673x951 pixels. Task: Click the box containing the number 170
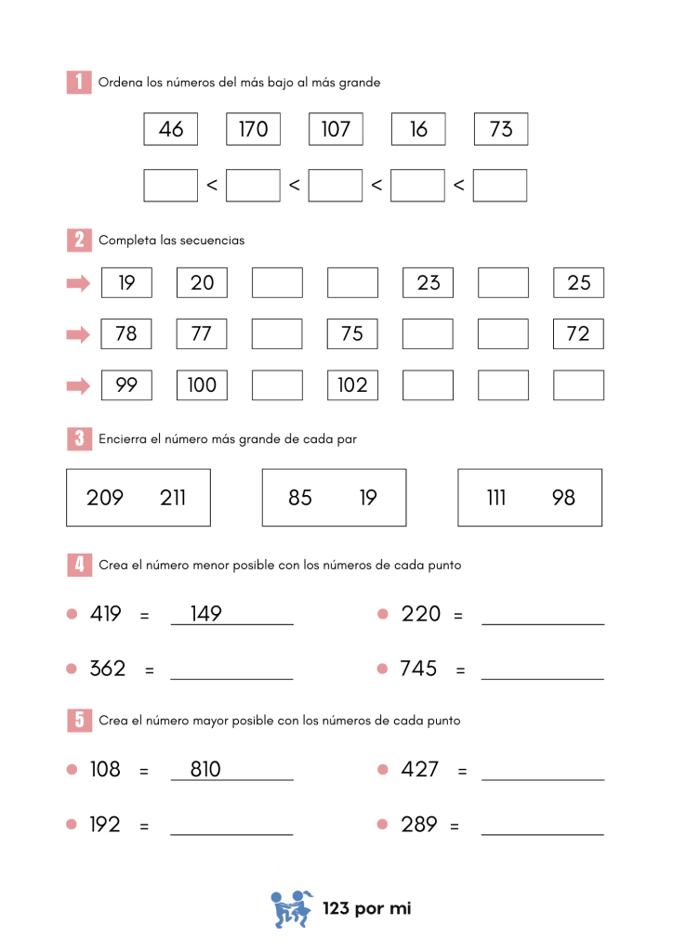253,129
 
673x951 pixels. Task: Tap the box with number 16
418,129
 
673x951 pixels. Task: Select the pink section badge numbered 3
79,438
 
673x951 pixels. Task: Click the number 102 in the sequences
352,385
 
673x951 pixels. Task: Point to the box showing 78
126,333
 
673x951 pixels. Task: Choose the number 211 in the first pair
173,498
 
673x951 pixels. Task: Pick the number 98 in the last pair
563,498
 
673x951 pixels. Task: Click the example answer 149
205,614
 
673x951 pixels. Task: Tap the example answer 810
205,769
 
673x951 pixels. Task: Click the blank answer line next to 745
543,678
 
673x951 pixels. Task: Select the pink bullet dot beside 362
73,669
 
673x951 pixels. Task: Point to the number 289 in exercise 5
419,824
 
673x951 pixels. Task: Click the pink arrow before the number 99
79,385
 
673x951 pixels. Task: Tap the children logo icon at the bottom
291,909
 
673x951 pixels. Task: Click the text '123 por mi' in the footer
366,908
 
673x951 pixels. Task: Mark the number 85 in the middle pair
300,498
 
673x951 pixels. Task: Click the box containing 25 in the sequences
578,282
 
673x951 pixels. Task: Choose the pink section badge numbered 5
79,720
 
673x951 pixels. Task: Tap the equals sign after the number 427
462,771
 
